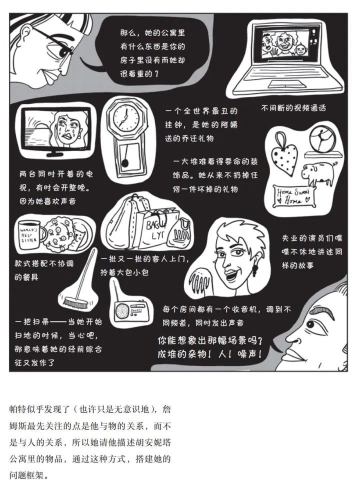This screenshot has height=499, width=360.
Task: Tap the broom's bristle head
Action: coord(76,302)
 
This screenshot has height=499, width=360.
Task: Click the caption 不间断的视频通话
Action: coord(293,108)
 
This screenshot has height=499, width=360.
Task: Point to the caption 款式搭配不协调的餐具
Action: coord(44,270)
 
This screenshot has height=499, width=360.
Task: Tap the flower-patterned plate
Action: coord(63,234)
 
